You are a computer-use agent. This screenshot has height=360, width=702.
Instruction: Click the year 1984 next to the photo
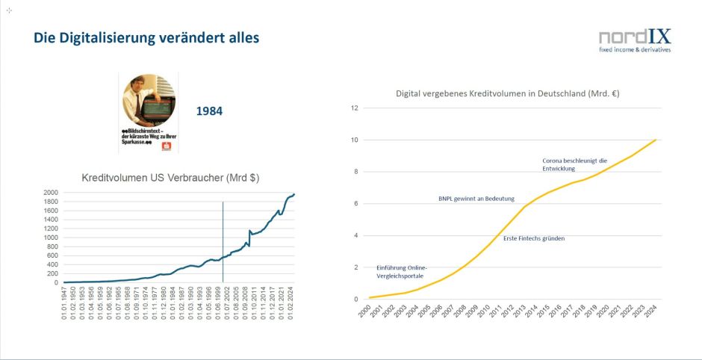209,111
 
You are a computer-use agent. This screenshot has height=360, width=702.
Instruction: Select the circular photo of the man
149,99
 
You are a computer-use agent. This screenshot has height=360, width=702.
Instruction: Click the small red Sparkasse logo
167,146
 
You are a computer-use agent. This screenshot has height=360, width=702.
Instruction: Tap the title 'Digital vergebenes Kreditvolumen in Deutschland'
507,94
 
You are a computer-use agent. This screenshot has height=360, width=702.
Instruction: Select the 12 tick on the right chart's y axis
355,108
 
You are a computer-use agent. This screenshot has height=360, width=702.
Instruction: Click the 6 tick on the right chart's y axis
356,204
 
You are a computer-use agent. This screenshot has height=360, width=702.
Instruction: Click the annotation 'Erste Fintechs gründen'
534,238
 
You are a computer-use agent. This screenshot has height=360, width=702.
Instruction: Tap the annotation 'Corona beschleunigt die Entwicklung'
574,164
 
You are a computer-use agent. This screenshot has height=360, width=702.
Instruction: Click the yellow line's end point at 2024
657,140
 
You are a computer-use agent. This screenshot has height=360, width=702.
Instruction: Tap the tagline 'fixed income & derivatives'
635,50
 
